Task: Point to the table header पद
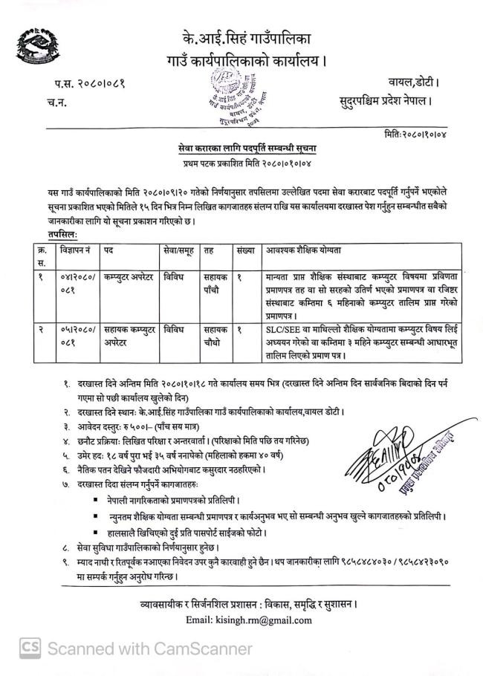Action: (x=108, y=253)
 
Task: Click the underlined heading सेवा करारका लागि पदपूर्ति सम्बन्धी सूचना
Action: (x=241, y=149)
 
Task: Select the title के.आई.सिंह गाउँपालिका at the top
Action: (x=241, y=36)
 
